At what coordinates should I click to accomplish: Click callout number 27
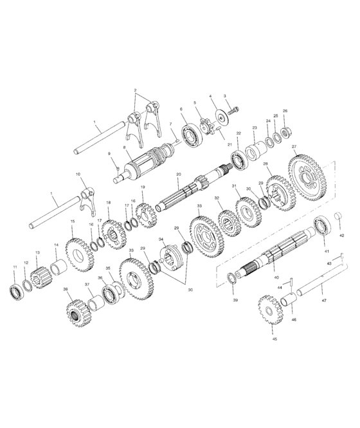pyautogui.click(x=294, y=146)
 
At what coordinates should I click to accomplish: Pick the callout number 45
pyautogui.click(x=274, y=339)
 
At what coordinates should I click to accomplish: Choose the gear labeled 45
pyautogui.click(x=270, y=310)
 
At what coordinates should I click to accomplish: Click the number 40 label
pyautogui.click(x=276, y=277)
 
